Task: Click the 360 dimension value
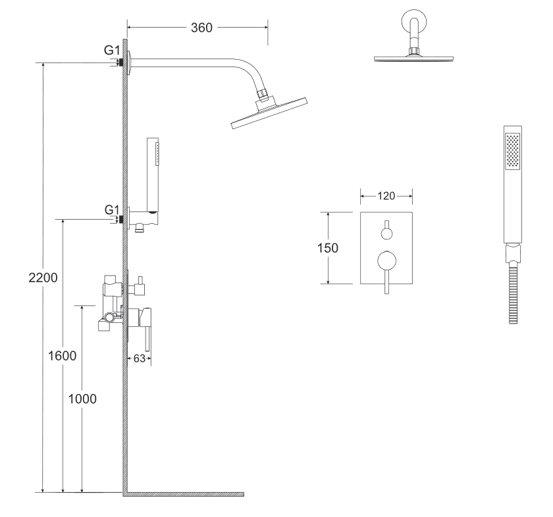pos(201,28)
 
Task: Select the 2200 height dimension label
pos(43,278)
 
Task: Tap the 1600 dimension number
pos(62,356)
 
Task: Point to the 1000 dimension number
pos(82,399)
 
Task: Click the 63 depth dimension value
pos(140,358)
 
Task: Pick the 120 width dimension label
pos(386,196)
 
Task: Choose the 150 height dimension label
pos(328,248)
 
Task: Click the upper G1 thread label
pos(112,50)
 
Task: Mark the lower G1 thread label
pos(112,210)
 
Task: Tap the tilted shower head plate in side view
pos(269,113)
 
